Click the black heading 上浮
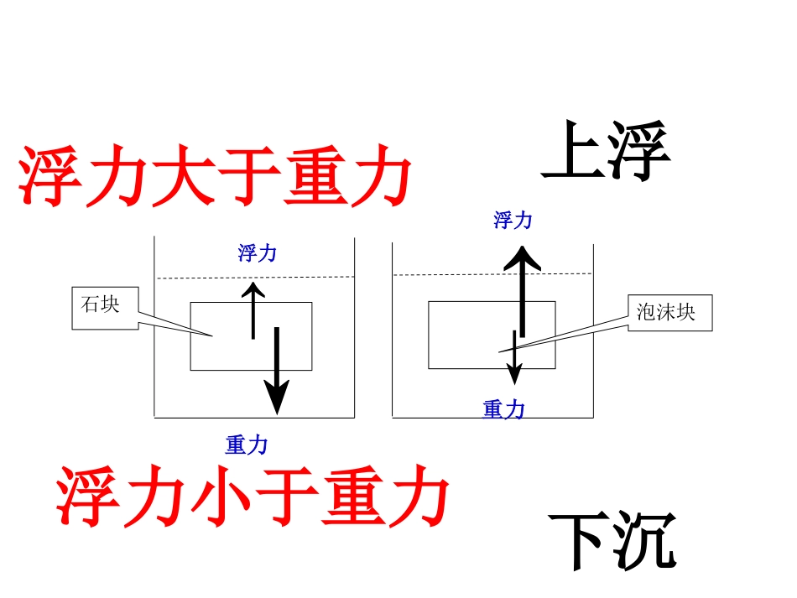(606, 153)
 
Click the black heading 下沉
(612, 541)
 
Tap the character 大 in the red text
(182, 179)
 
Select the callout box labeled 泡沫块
(670, 313)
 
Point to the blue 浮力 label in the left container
(257, 253)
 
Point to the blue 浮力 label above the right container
(513, 221)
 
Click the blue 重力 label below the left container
(246, 445)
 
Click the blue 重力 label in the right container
(504, 409)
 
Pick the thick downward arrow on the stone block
(277, 373)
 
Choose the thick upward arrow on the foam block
(522, 289)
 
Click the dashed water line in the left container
(210, 278)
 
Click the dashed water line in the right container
(453, 274)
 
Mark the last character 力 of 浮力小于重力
(419, 497)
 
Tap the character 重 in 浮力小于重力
(352, 497)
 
